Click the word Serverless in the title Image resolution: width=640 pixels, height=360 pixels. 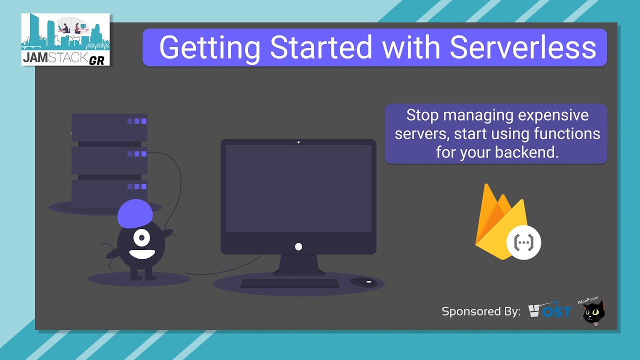tap(522, 47)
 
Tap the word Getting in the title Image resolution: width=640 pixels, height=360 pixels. tap(210, 48)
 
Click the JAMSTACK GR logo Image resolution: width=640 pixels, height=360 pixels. tap(65, 39)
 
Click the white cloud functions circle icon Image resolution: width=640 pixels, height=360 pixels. tap(524, 242)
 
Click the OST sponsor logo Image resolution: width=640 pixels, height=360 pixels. tap(550, 311)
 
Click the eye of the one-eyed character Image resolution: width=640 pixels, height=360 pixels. tap(141, 236)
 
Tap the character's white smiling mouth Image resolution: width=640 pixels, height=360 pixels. tap(141, 252)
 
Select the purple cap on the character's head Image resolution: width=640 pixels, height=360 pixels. tap(135, 213)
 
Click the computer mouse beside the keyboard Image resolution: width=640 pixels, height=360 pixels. tap(364, 282)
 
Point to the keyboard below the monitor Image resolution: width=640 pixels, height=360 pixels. tap(289, 283)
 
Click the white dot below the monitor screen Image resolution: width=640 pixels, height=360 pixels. tap(298, 246)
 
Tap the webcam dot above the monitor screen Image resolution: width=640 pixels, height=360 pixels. tap(298, 142)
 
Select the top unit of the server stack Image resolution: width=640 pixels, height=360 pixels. tap(109, 127)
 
